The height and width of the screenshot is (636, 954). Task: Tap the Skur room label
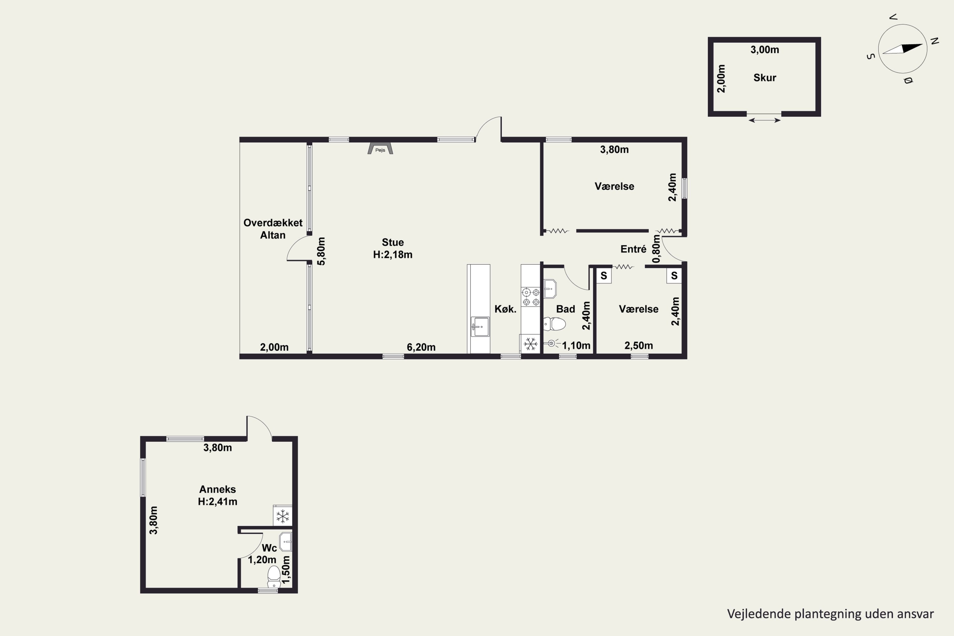(764, 78)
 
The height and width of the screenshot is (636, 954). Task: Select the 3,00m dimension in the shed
(764, 50)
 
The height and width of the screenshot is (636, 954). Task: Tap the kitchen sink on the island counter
(480, 327)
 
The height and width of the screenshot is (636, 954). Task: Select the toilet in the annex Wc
(274, 576)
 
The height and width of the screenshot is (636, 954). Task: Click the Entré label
(633, 249)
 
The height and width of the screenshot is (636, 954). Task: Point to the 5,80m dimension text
(321, 251)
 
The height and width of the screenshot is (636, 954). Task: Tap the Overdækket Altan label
(273, 229)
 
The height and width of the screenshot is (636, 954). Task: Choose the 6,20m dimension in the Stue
(421, 347)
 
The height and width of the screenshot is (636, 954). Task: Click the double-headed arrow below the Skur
(764, 120)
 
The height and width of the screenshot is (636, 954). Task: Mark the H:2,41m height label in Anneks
(218, 501)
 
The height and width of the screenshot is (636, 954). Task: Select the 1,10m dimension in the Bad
(576, 346)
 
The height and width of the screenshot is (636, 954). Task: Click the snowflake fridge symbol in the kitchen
(530, 344)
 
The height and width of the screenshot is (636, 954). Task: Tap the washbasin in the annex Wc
(286, 542)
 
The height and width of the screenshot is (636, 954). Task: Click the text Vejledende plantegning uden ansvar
(830, 614)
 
